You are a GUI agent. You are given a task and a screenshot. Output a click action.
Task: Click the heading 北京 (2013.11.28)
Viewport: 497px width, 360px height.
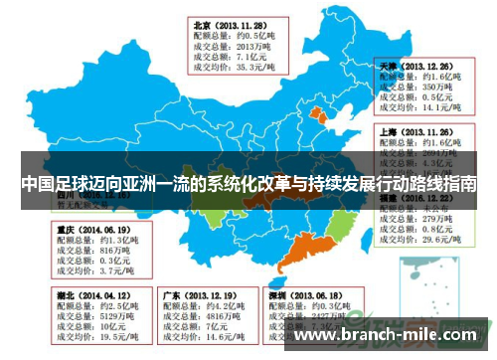pyautogui.click(x=230, y=25)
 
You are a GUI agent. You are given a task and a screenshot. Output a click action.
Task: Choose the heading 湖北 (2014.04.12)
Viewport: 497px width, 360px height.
pyautogui.click(x=88, y=296)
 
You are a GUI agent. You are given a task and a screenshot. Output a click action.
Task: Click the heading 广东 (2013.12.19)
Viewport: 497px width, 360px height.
pyautogui.click(x=199, y=296)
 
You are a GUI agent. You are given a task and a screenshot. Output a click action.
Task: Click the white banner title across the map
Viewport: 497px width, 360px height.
pyautogui.click(x=248, y=185)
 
